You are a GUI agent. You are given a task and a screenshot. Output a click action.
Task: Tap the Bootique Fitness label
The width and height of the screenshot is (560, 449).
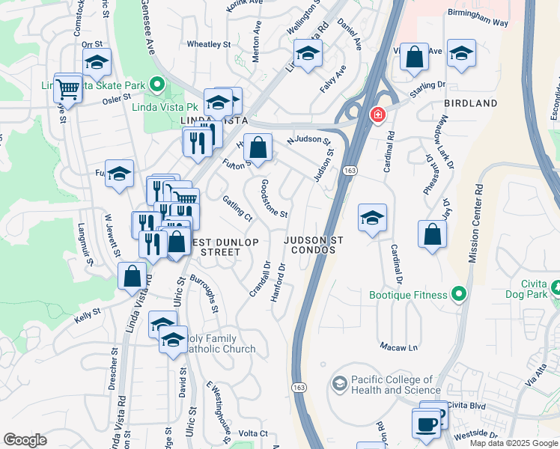tap(408, 295)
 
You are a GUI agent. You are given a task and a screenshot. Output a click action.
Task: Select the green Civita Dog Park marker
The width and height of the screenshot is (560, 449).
tap(556, 287)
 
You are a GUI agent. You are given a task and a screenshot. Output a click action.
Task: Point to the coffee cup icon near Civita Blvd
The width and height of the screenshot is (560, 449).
tap(427, 424)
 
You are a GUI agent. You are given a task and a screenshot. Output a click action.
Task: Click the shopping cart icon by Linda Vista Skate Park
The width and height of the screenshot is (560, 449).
tap(67, 89)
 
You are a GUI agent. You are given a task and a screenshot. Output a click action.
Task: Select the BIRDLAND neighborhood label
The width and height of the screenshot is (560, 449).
tap(470, 103)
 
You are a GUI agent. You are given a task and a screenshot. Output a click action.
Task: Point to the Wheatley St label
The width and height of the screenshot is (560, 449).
tap(208, 45)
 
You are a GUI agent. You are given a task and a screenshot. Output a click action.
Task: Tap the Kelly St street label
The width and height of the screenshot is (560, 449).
tap(87, 318)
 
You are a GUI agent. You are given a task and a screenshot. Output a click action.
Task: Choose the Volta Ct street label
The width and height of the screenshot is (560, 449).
tap(253, 433)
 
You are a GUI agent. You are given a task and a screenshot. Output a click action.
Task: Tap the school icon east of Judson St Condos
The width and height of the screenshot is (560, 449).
tap(372, 218)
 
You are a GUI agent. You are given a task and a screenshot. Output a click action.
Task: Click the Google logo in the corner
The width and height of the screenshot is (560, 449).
tap(25, 440)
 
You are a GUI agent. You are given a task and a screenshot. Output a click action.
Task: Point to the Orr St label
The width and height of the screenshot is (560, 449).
tap(91, 45)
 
